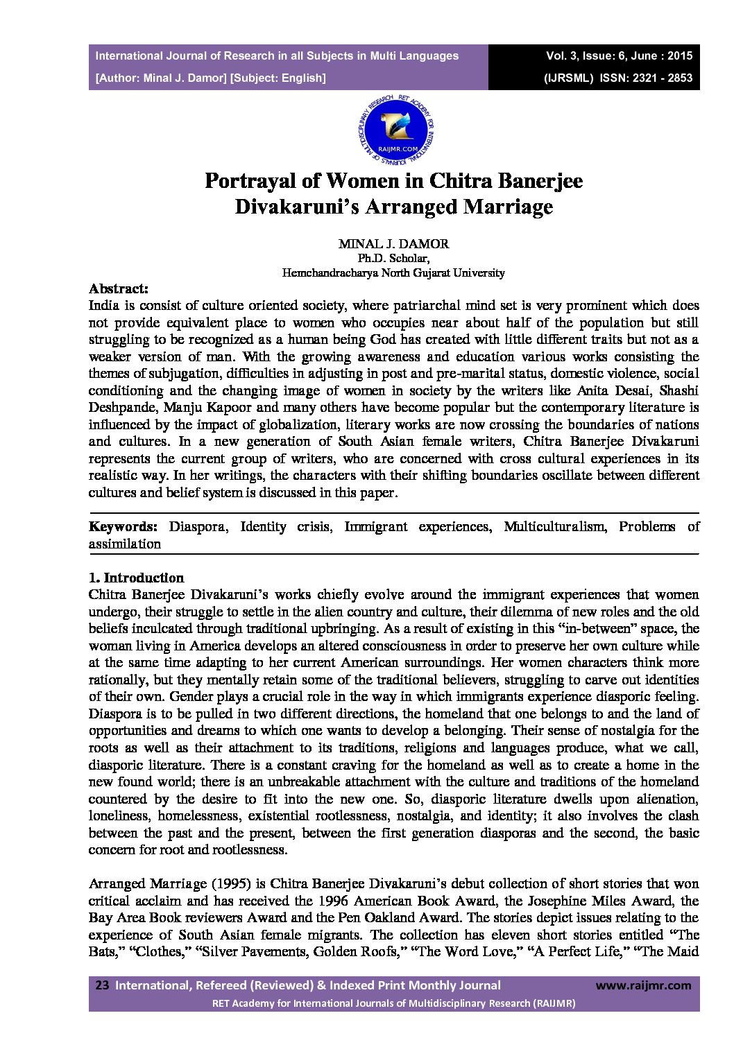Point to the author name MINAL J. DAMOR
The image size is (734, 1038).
tap(393, 243)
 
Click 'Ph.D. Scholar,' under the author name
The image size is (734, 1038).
tap(393, 259)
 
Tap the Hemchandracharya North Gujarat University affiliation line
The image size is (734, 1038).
tap(393, 273)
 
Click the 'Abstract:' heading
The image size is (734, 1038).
tap(118, 288)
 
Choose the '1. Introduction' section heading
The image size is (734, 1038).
tap(136, 578)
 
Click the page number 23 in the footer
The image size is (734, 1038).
tap(102, 985)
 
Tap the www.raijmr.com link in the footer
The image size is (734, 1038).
tap(643, 985)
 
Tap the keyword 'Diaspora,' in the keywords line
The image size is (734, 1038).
tap(197, 526)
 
